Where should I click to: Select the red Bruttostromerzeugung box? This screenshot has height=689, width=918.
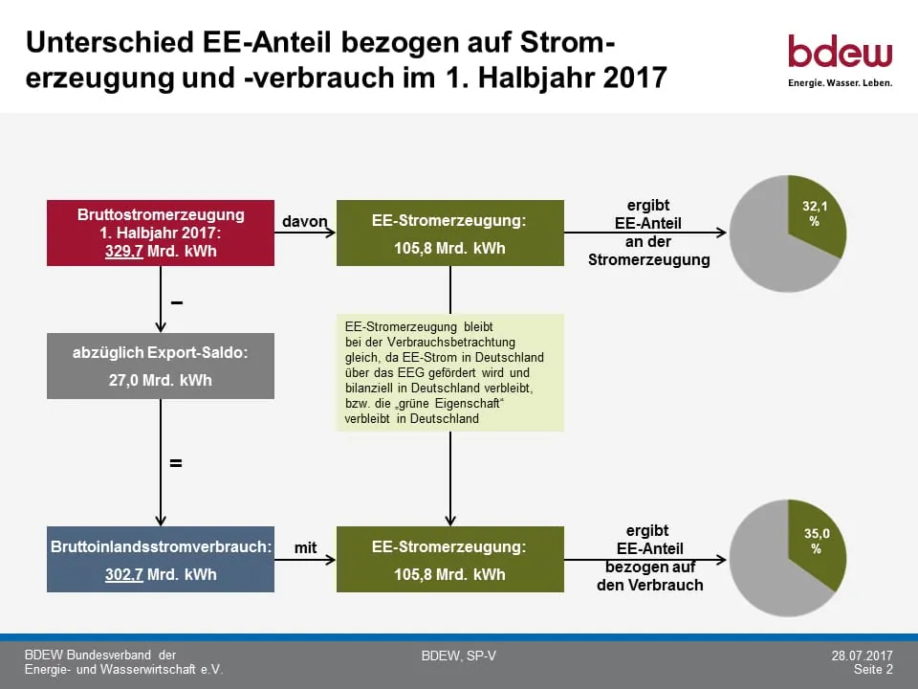tap(161, 233)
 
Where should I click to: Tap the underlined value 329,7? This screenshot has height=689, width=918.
tap(124, 252)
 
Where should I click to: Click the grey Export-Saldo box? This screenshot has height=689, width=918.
tap(161, 367)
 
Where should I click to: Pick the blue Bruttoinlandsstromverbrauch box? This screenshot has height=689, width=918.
tap(161, 560)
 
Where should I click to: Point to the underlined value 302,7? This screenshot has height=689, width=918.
tap(124, 574)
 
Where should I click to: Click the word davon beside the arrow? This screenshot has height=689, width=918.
tap(304, 221)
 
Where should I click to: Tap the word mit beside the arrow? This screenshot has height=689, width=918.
tap(305, 547)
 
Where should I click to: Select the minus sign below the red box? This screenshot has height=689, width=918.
tap(177, 303)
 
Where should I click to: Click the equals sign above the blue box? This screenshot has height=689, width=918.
tap(176, 463)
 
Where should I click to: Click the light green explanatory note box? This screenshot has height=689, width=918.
tap(450, 372)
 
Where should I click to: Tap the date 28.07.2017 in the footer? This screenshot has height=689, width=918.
tap(862, 656)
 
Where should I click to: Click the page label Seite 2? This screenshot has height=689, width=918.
tap(873, 669)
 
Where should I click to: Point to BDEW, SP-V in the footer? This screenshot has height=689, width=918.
tap(458, 656)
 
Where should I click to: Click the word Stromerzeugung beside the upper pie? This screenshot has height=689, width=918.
tap(648, 259)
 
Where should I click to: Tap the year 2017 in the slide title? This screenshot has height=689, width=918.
tap(635, 78)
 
